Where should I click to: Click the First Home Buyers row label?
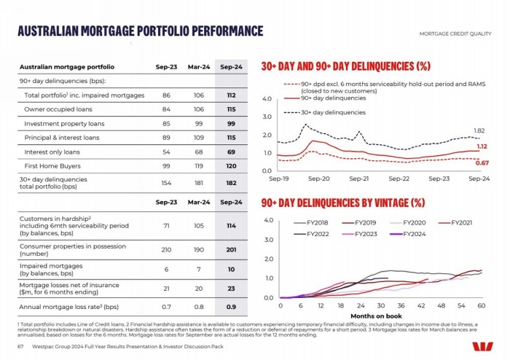tap(53, 165)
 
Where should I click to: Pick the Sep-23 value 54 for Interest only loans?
tap(167, 152)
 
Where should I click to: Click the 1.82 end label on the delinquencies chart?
tap(479, 131)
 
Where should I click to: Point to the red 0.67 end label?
tap(482, 163)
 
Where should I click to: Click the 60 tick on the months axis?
tap(482, 305)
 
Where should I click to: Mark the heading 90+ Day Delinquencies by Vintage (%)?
tap(342, 202)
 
